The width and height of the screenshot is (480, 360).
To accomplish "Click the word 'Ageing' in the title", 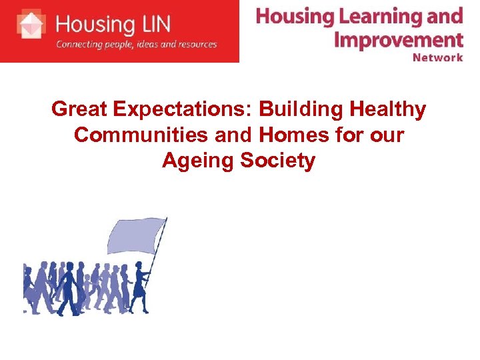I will [x=197, y=160].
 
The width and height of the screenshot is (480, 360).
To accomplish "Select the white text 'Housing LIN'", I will [x=113, y=25].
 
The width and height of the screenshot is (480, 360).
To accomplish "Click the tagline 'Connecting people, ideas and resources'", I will [x=136, y=45].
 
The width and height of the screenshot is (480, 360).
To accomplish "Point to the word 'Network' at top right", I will [x=437, y=57].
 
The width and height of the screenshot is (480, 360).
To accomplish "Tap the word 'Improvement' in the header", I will [x=398, y=38].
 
